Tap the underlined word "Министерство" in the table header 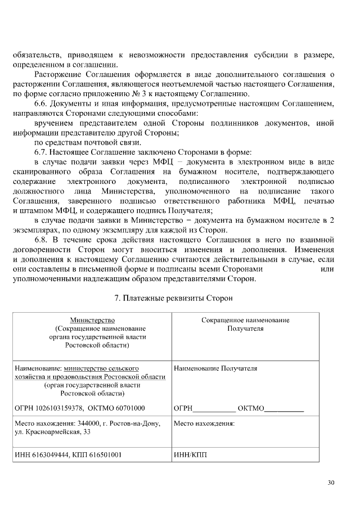point(92,320)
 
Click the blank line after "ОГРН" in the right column point(214,409)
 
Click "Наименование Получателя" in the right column point(215,368)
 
